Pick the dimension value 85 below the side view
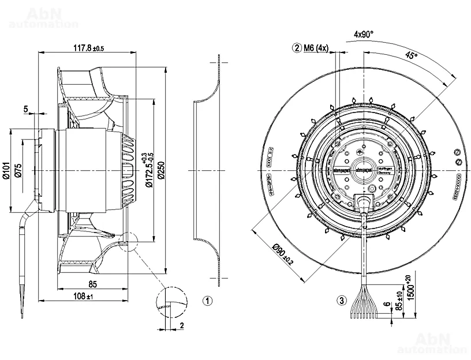pos(92,284)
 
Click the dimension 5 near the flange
pos(26,108)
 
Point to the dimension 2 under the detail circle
pos(181,325)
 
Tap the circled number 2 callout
pos(296,48)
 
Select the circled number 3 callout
pos(342,301)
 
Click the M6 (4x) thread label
pos(316,48)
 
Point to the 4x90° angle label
pos(364,35)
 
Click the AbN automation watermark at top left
pos(43,18)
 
